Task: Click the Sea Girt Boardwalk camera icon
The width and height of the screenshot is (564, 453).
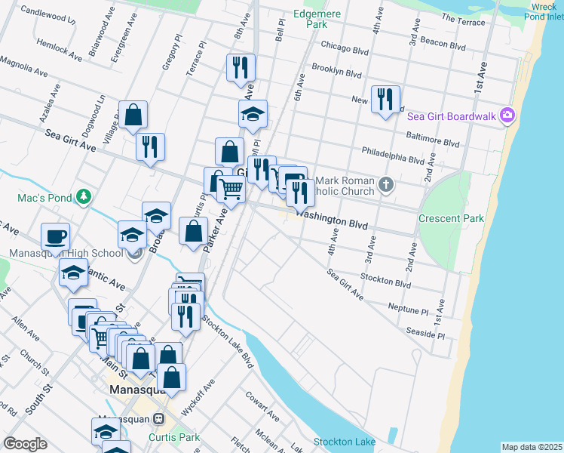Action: [x=507, y=115]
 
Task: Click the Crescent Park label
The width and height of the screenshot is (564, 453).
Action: [x=451, y=218]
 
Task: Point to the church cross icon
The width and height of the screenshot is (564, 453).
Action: [x=386, y=184]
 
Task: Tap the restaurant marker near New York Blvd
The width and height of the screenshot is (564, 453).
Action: [x=385, y=98]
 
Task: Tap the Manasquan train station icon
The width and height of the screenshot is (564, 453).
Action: [x=159, y=419]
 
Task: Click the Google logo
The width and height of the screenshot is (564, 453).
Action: [x=26, y=444]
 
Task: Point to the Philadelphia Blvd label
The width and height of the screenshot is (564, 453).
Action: [x=393, y=155]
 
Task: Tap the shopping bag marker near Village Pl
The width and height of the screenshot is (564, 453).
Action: [x=133, y=115]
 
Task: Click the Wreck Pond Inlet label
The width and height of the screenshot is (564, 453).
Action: [x=544, y=10]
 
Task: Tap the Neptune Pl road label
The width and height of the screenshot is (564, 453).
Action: [x=408, y=310]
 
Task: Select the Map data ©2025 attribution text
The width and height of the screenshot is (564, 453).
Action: [x=532, y=447]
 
